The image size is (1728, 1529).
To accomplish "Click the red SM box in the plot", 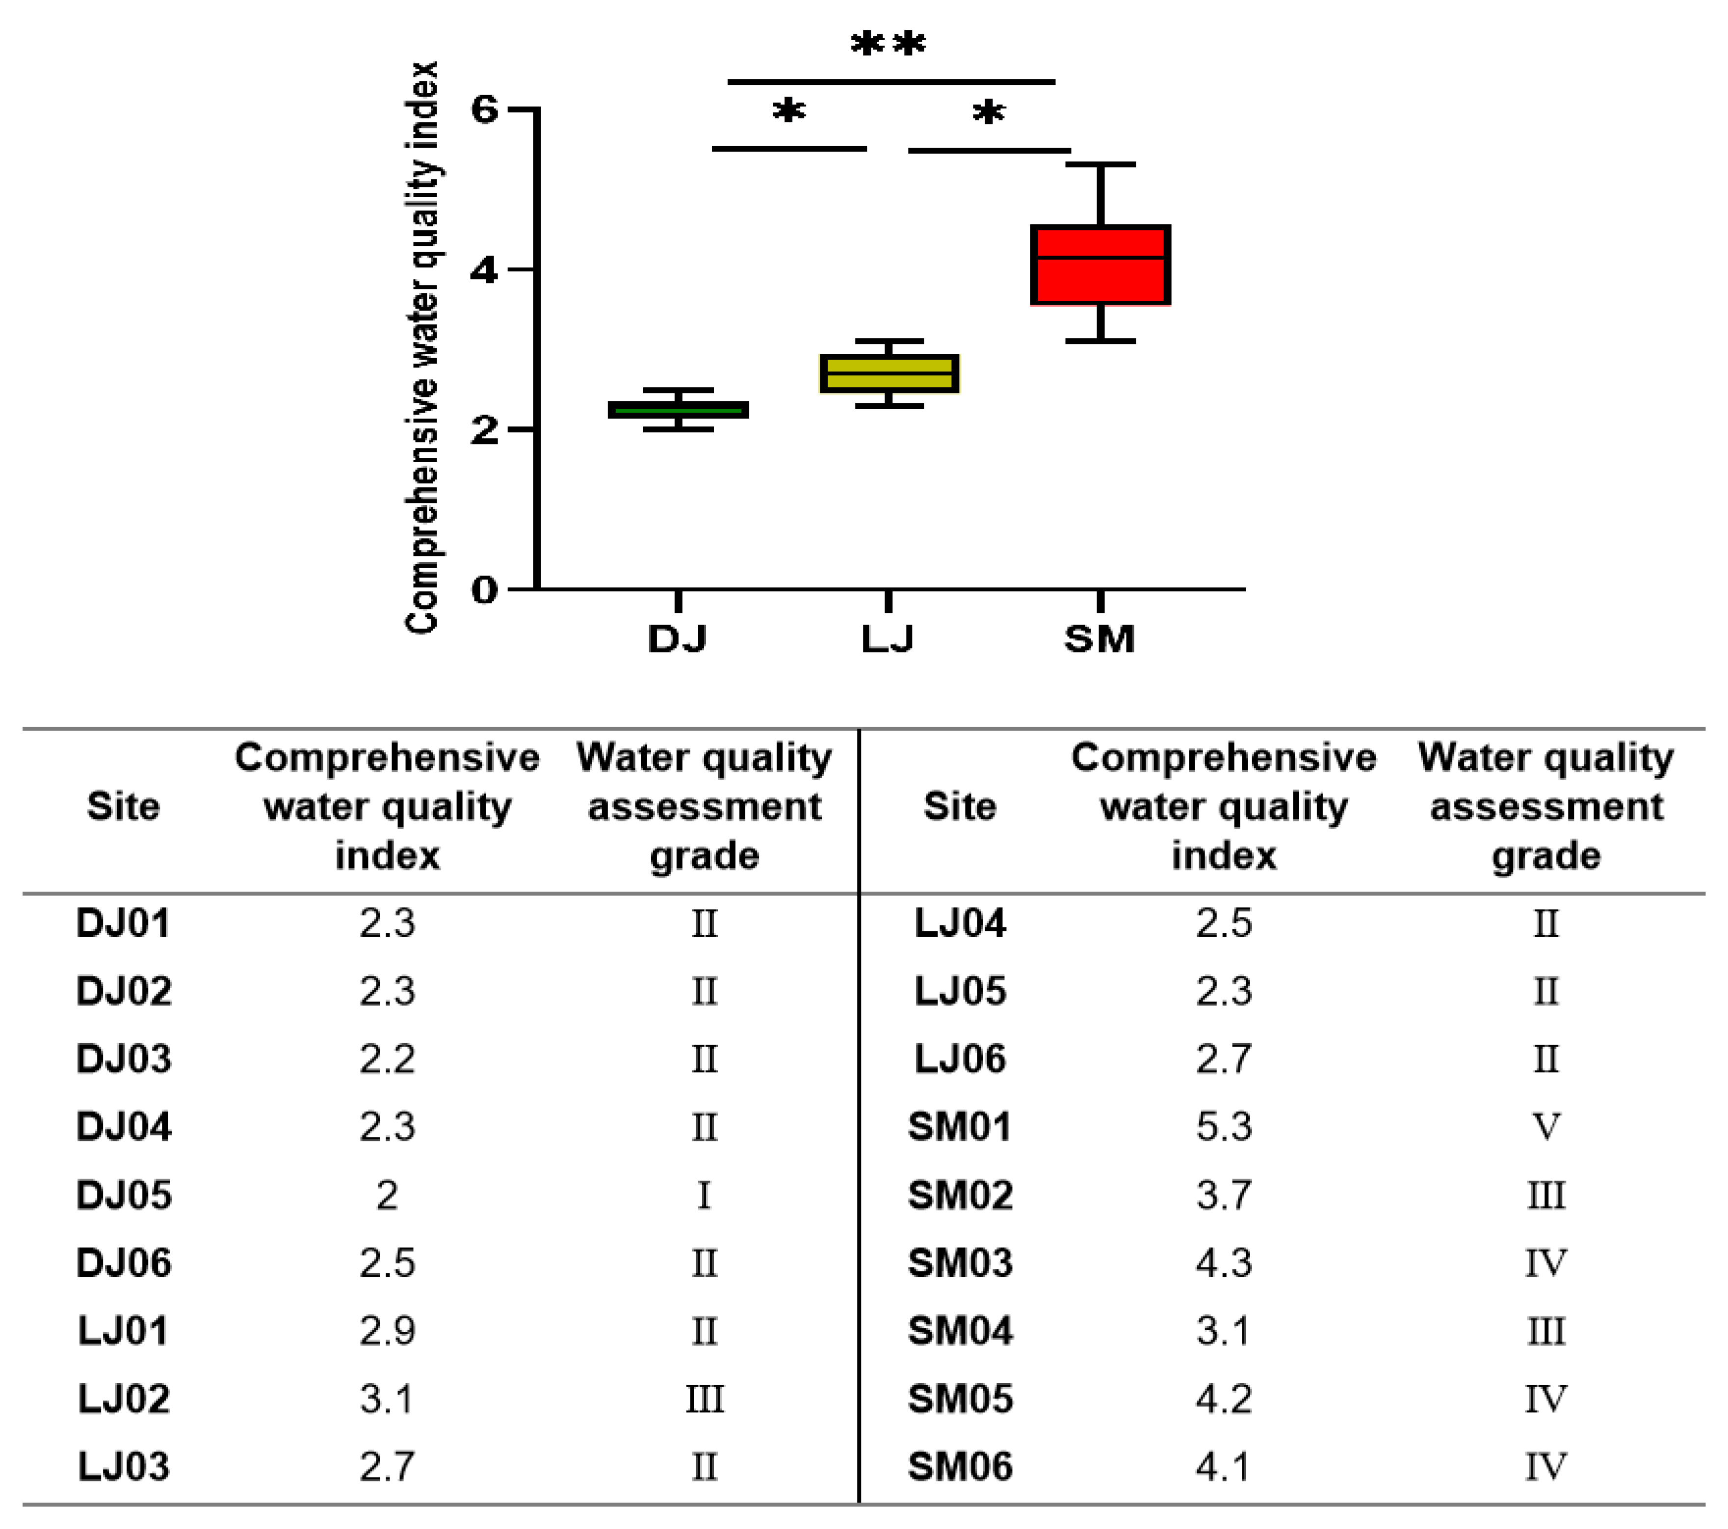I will click(1100, 264).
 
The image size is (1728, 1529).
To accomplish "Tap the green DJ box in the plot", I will click(678, 409).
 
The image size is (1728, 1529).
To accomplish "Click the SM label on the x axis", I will click(1099, 639).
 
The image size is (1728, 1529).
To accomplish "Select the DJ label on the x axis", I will click(677, 639).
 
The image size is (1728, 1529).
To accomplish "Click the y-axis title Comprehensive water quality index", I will click(423, 347).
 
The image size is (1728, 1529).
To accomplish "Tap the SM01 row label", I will click(960, 1127).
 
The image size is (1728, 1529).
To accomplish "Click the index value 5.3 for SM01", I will click(1223, 1127).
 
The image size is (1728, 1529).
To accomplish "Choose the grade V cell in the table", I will click(1545, 1127).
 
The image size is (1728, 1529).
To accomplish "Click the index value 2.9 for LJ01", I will click(387, 1331).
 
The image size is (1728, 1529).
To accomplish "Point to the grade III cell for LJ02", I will click(704, 1399).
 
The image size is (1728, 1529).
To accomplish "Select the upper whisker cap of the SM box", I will click(1100, 165).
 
